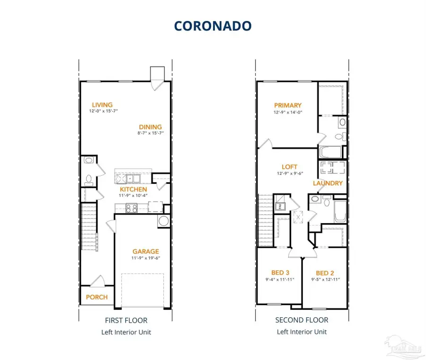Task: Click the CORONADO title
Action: tap(213, 26)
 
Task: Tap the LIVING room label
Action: tap(102, 105)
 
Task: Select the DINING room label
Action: tap(150, 126)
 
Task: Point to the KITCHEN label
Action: tap(133, 189)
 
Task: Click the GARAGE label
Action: tap(145, 252)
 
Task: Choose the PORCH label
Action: tap(97, 297)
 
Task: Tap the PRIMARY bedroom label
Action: tap(287, 105)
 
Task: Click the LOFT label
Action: tap(289, 167)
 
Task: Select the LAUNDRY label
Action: tap(327, 183)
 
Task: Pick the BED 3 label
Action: tap(280, 272)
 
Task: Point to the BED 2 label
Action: tap(325, 273)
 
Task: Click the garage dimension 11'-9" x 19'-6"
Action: tap(145, 258)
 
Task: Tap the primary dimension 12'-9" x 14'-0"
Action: tap(287, 112)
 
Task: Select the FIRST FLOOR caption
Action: tap(126, 320)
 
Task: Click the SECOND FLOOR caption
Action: tap(302, 320)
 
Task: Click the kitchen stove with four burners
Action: tap(131, 207)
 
